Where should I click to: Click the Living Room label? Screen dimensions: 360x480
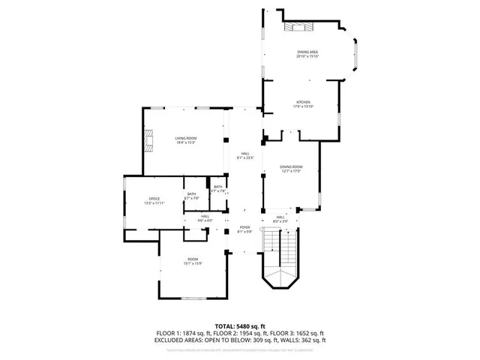(186, 138)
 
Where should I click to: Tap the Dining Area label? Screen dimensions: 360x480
(308, 52)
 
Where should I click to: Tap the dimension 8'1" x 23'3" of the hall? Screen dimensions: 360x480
(245, 158)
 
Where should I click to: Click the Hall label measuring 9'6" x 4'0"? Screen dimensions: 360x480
(205, 220)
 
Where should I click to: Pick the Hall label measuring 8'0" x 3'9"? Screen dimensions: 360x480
(280, 220)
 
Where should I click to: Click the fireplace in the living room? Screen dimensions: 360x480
(148, 141)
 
